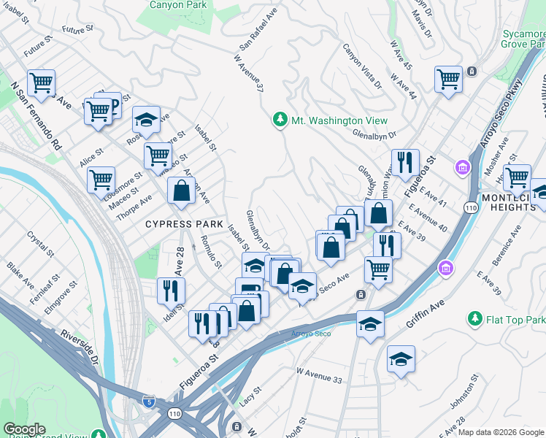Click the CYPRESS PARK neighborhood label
(180, 223)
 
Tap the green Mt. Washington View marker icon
(279, 120)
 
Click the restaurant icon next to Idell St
(171, 290)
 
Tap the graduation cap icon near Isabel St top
(146, 119)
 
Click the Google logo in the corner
(24, 429)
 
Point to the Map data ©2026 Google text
(501, 432)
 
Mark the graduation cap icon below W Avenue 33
(401, 358)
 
